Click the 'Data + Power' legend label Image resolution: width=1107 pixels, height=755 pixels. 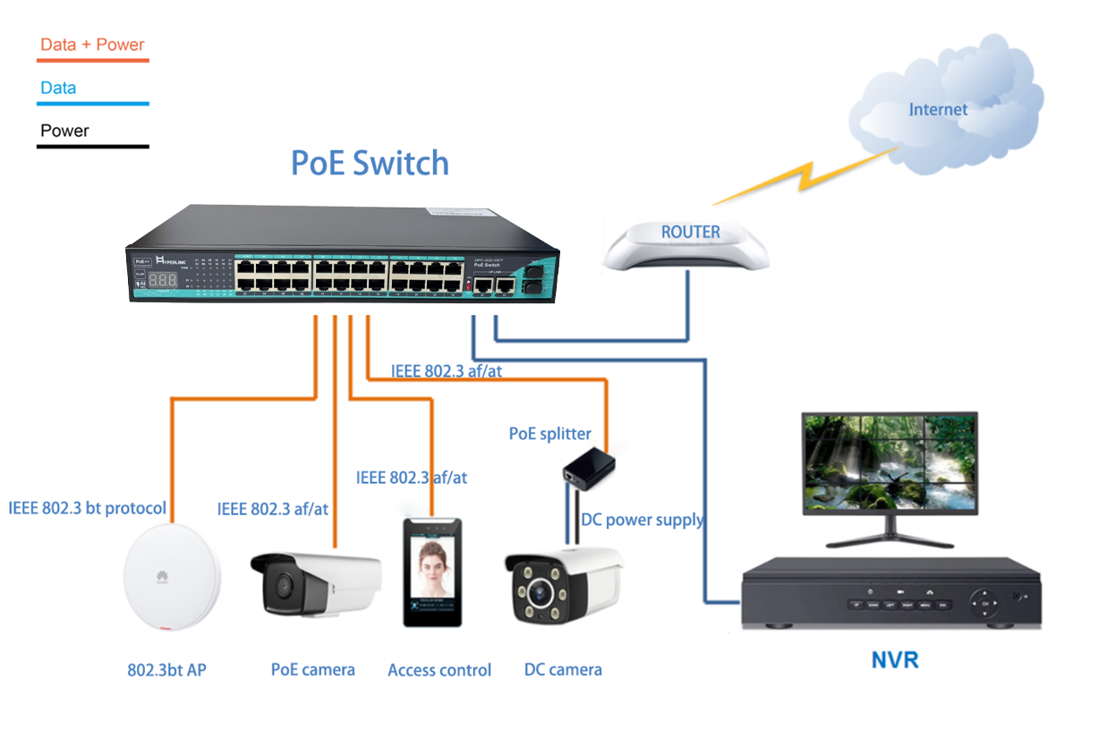coord(92,45)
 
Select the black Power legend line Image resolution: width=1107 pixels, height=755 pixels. coord(92,146)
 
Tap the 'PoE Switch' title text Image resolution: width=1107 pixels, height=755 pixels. coord(370,163)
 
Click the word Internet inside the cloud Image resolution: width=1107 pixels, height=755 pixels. coord(938,110)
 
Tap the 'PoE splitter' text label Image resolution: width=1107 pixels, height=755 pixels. coord(549,434)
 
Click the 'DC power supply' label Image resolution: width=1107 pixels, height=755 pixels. coord(642,520)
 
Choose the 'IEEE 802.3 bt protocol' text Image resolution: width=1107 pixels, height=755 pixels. coord(87,508)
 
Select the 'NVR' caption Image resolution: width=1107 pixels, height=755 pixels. coord(894,661)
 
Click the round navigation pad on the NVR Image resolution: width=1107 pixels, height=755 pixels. coord(986,604)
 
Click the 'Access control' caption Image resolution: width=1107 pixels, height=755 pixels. coord(439,670)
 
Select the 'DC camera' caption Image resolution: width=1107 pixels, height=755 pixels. coord(563,670)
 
